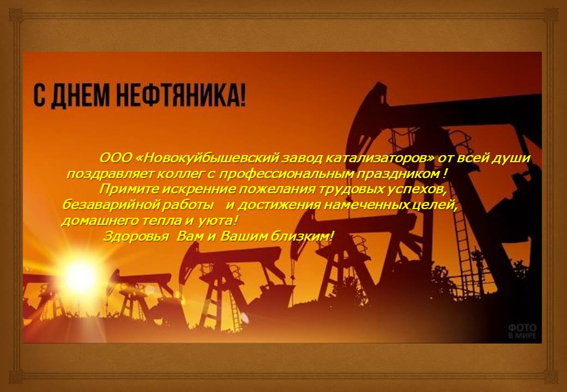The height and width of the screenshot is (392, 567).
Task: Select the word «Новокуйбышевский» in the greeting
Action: click(209, 158)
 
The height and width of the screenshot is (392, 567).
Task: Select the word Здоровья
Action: click(136, 237)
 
